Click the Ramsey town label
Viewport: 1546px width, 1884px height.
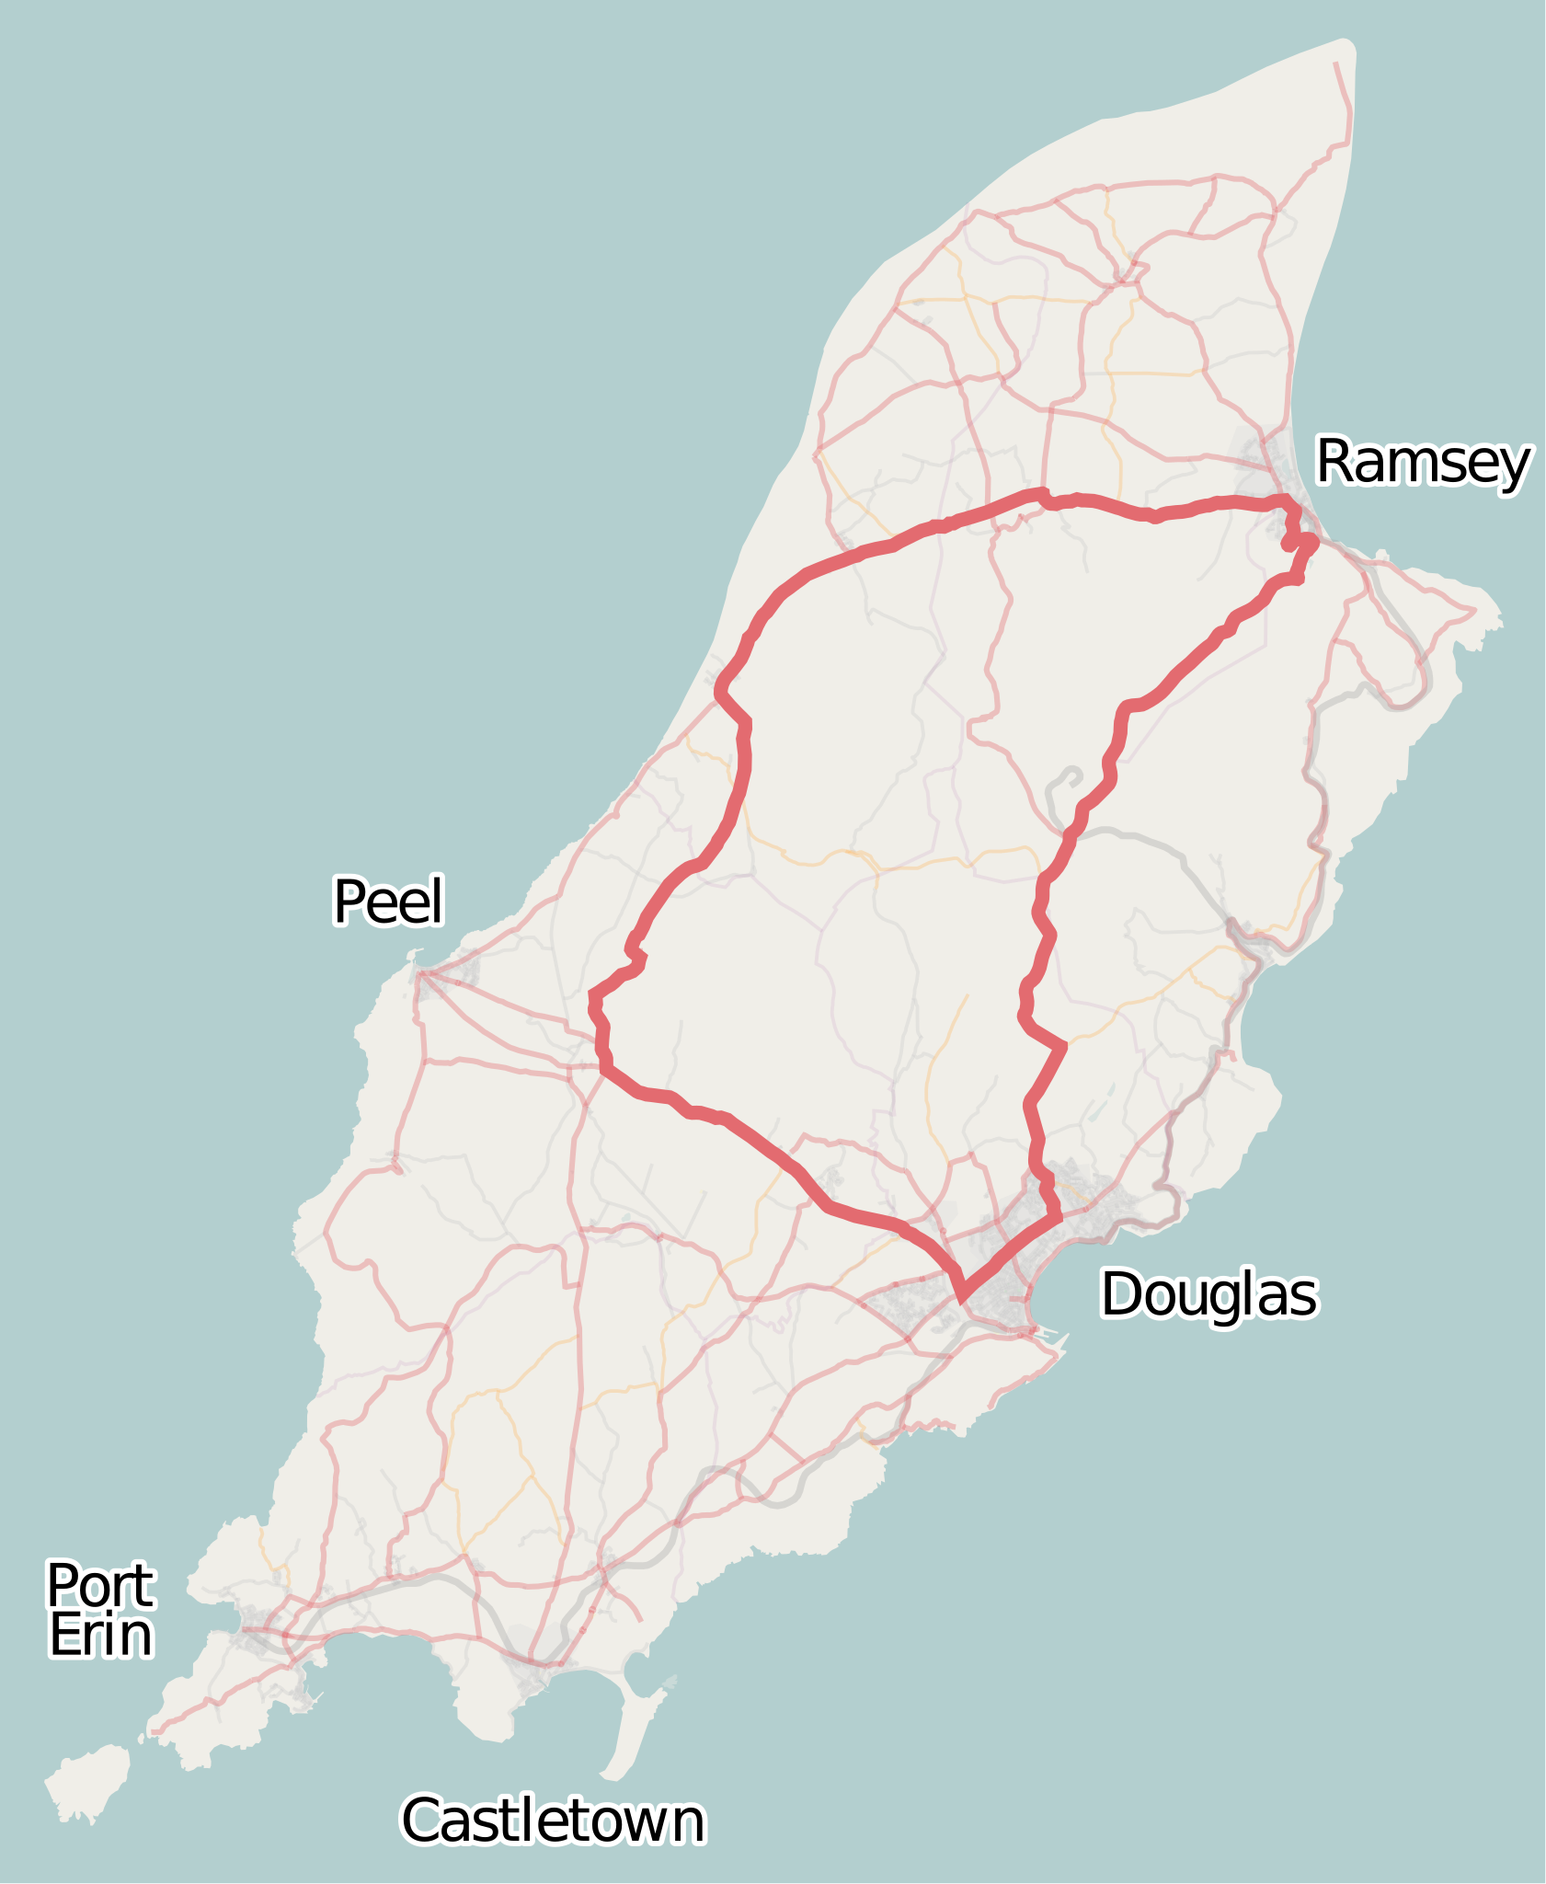[x=1423, y=462]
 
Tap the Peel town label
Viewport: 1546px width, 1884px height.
[x=388, y=902]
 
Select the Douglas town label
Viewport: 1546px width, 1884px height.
[x=1208, y=1294]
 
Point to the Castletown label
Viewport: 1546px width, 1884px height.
[x=553, y=1821]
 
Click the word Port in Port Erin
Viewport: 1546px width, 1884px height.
[x=100, y=1585]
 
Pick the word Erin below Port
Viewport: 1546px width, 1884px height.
[x=100, y=1636]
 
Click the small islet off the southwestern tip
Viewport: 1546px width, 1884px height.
[x=88, y=1781]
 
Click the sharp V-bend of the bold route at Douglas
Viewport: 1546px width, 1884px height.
[x=962, y=1298]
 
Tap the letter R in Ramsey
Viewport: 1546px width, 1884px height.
[x=1334, y=462]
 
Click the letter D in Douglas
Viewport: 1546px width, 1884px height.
[x=1120, y=1294]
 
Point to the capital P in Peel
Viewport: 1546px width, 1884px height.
[x=348, y=902]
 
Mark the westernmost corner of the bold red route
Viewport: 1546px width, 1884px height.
[x=592, y=995]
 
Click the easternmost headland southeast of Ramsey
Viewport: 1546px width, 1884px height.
[x=1494, y=619]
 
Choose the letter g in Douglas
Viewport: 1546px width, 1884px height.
[x=1219, y=1300]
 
